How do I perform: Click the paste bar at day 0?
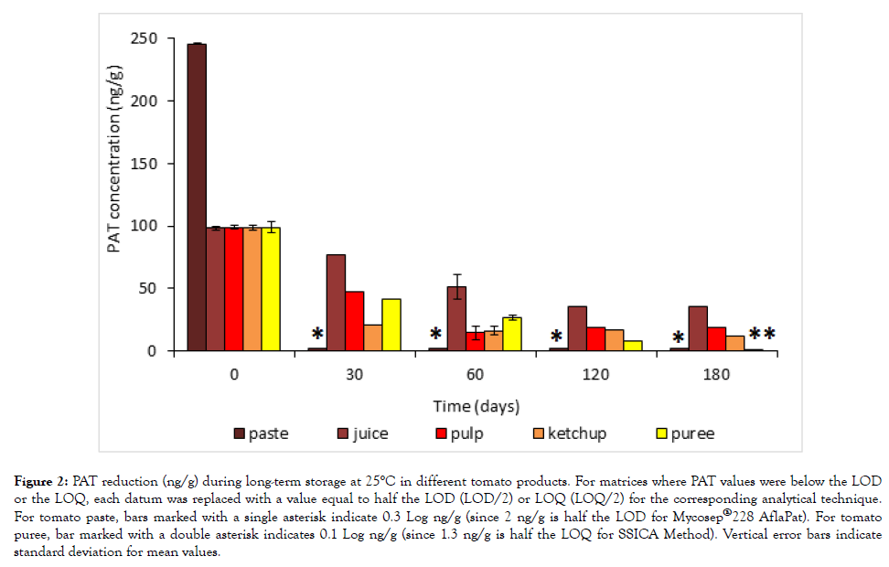197,197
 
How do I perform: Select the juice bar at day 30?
336,303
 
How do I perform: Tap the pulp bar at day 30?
354,321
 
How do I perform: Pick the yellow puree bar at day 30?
391,325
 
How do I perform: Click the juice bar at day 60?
456,318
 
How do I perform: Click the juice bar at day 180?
697,328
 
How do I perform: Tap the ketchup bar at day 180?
734,343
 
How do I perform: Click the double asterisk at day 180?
762,335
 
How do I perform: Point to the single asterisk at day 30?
317,335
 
